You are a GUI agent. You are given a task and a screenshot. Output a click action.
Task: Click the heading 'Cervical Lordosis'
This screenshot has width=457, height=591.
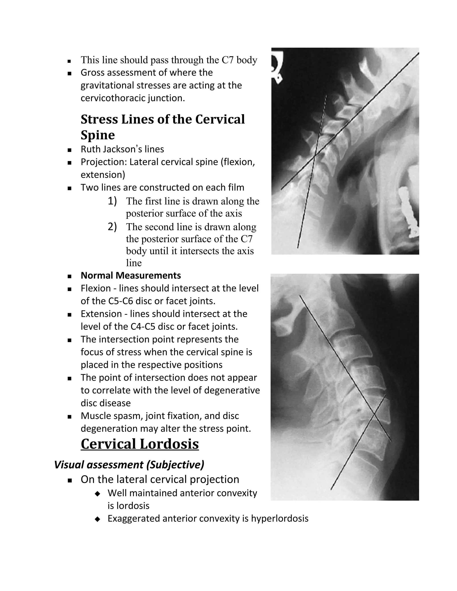[x=140, y=444]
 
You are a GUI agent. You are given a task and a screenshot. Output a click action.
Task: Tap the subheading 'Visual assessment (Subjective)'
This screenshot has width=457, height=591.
[x=129, y=464]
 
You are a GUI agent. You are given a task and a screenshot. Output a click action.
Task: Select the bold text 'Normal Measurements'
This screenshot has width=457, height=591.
[x=131, y=275]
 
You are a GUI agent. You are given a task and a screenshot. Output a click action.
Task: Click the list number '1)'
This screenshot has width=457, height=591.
[x=112, y=201]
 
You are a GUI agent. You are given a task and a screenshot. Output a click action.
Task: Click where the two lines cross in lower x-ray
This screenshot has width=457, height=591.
[x=374, y=413]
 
